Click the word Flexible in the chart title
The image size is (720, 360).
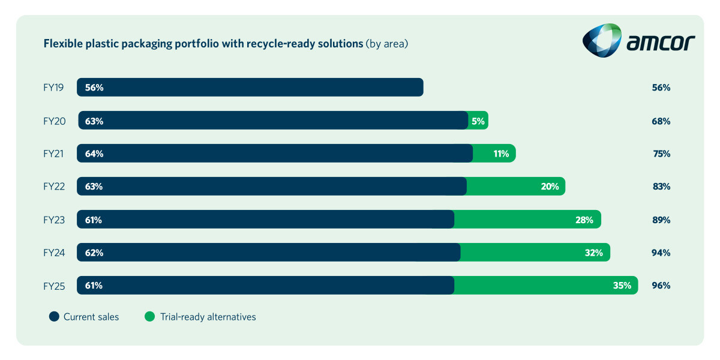pos(61,44)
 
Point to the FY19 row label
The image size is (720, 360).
pos(53,88)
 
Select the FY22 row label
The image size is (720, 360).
pos(53,187)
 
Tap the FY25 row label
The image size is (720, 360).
pos(53,286)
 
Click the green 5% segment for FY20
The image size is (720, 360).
pos(478,121)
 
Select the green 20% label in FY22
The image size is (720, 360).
pos(550,187)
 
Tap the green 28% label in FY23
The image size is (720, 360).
pos(584,220)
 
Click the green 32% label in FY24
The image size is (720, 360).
pos(593,253)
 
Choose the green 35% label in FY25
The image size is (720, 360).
pos(622,286)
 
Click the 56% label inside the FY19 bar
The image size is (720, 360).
pos(94,88)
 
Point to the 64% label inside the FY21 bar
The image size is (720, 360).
pos(94,154)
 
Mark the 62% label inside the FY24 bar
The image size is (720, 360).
pos(94,253)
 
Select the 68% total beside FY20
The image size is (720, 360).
pos(661,121)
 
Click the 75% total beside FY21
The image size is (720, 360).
pos(661,154)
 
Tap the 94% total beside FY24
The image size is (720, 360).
pos(661,253)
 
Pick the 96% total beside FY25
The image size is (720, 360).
pos(661,286)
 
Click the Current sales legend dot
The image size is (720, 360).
pos(53,317)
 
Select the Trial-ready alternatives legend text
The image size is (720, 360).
pos(207,317)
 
